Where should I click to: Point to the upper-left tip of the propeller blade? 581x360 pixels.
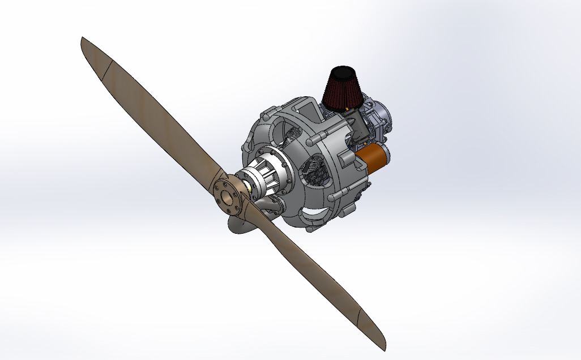tap(85, 42)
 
